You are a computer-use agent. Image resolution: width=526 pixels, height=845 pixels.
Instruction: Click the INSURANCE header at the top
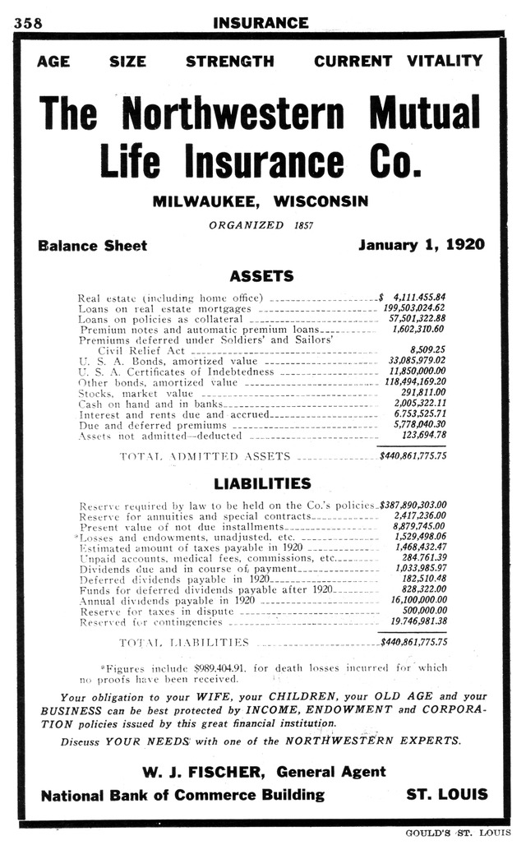261,23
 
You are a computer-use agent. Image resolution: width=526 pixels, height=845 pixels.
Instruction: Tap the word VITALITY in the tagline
445,61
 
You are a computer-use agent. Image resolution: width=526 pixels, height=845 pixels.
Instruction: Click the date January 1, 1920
422,245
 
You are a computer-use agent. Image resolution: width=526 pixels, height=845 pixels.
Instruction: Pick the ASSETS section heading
261,276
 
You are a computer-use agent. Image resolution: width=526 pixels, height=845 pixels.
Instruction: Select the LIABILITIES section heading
262,483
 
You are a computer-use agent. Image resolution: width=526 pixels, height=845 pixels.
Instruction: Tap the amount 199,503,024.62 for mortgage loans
415,307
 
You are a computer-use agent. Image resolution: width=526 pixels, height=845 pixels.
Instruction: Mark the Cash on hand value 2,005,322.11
419,404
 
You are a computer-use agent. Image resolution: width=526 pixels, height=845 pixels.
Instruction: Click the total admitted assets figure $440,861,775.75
413,455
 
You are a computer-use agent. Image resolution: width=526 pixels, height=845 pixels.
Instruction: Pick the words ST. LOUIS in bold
446,795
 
